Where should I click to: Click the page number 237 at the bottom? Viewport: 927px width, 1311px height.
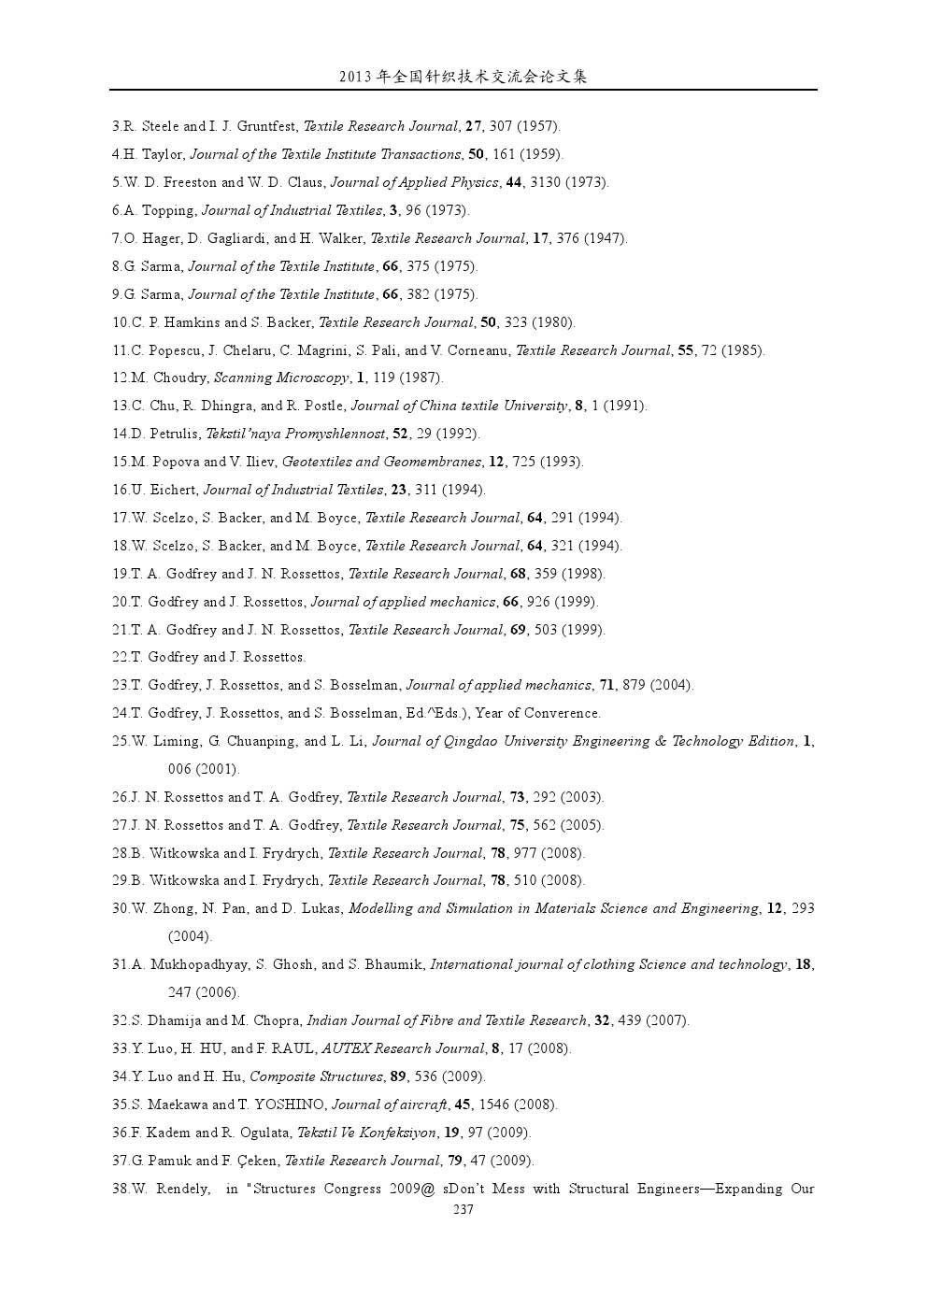(x=463, y=1209)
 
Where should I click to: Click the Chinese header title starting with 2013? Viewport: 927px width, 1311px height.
(x=463, y=77)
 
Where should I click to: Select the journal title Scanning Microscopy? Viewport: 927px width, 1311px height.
(x=281, y=378)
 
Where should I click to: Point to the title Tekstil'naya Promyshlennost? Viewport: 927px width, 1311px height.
(x=295, y=434)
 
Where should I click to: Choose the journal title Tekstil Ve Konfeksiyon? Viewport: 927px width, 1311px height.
(x=366, y=1133)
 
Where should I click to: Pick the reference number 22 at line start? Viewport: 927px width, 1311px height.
(x=121, y=657)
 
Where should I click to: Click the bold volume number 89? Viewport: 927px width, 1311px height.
(x=398, y=1076)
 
